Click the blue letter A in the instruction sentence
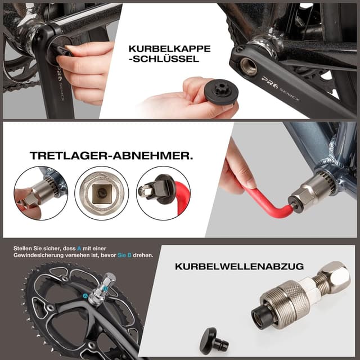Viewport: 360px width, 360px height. [79, 248]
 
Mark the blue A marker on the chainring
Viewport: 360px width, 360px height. [85, 295]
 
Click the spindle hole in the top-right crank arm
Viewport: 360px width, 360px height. [248, 66]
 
